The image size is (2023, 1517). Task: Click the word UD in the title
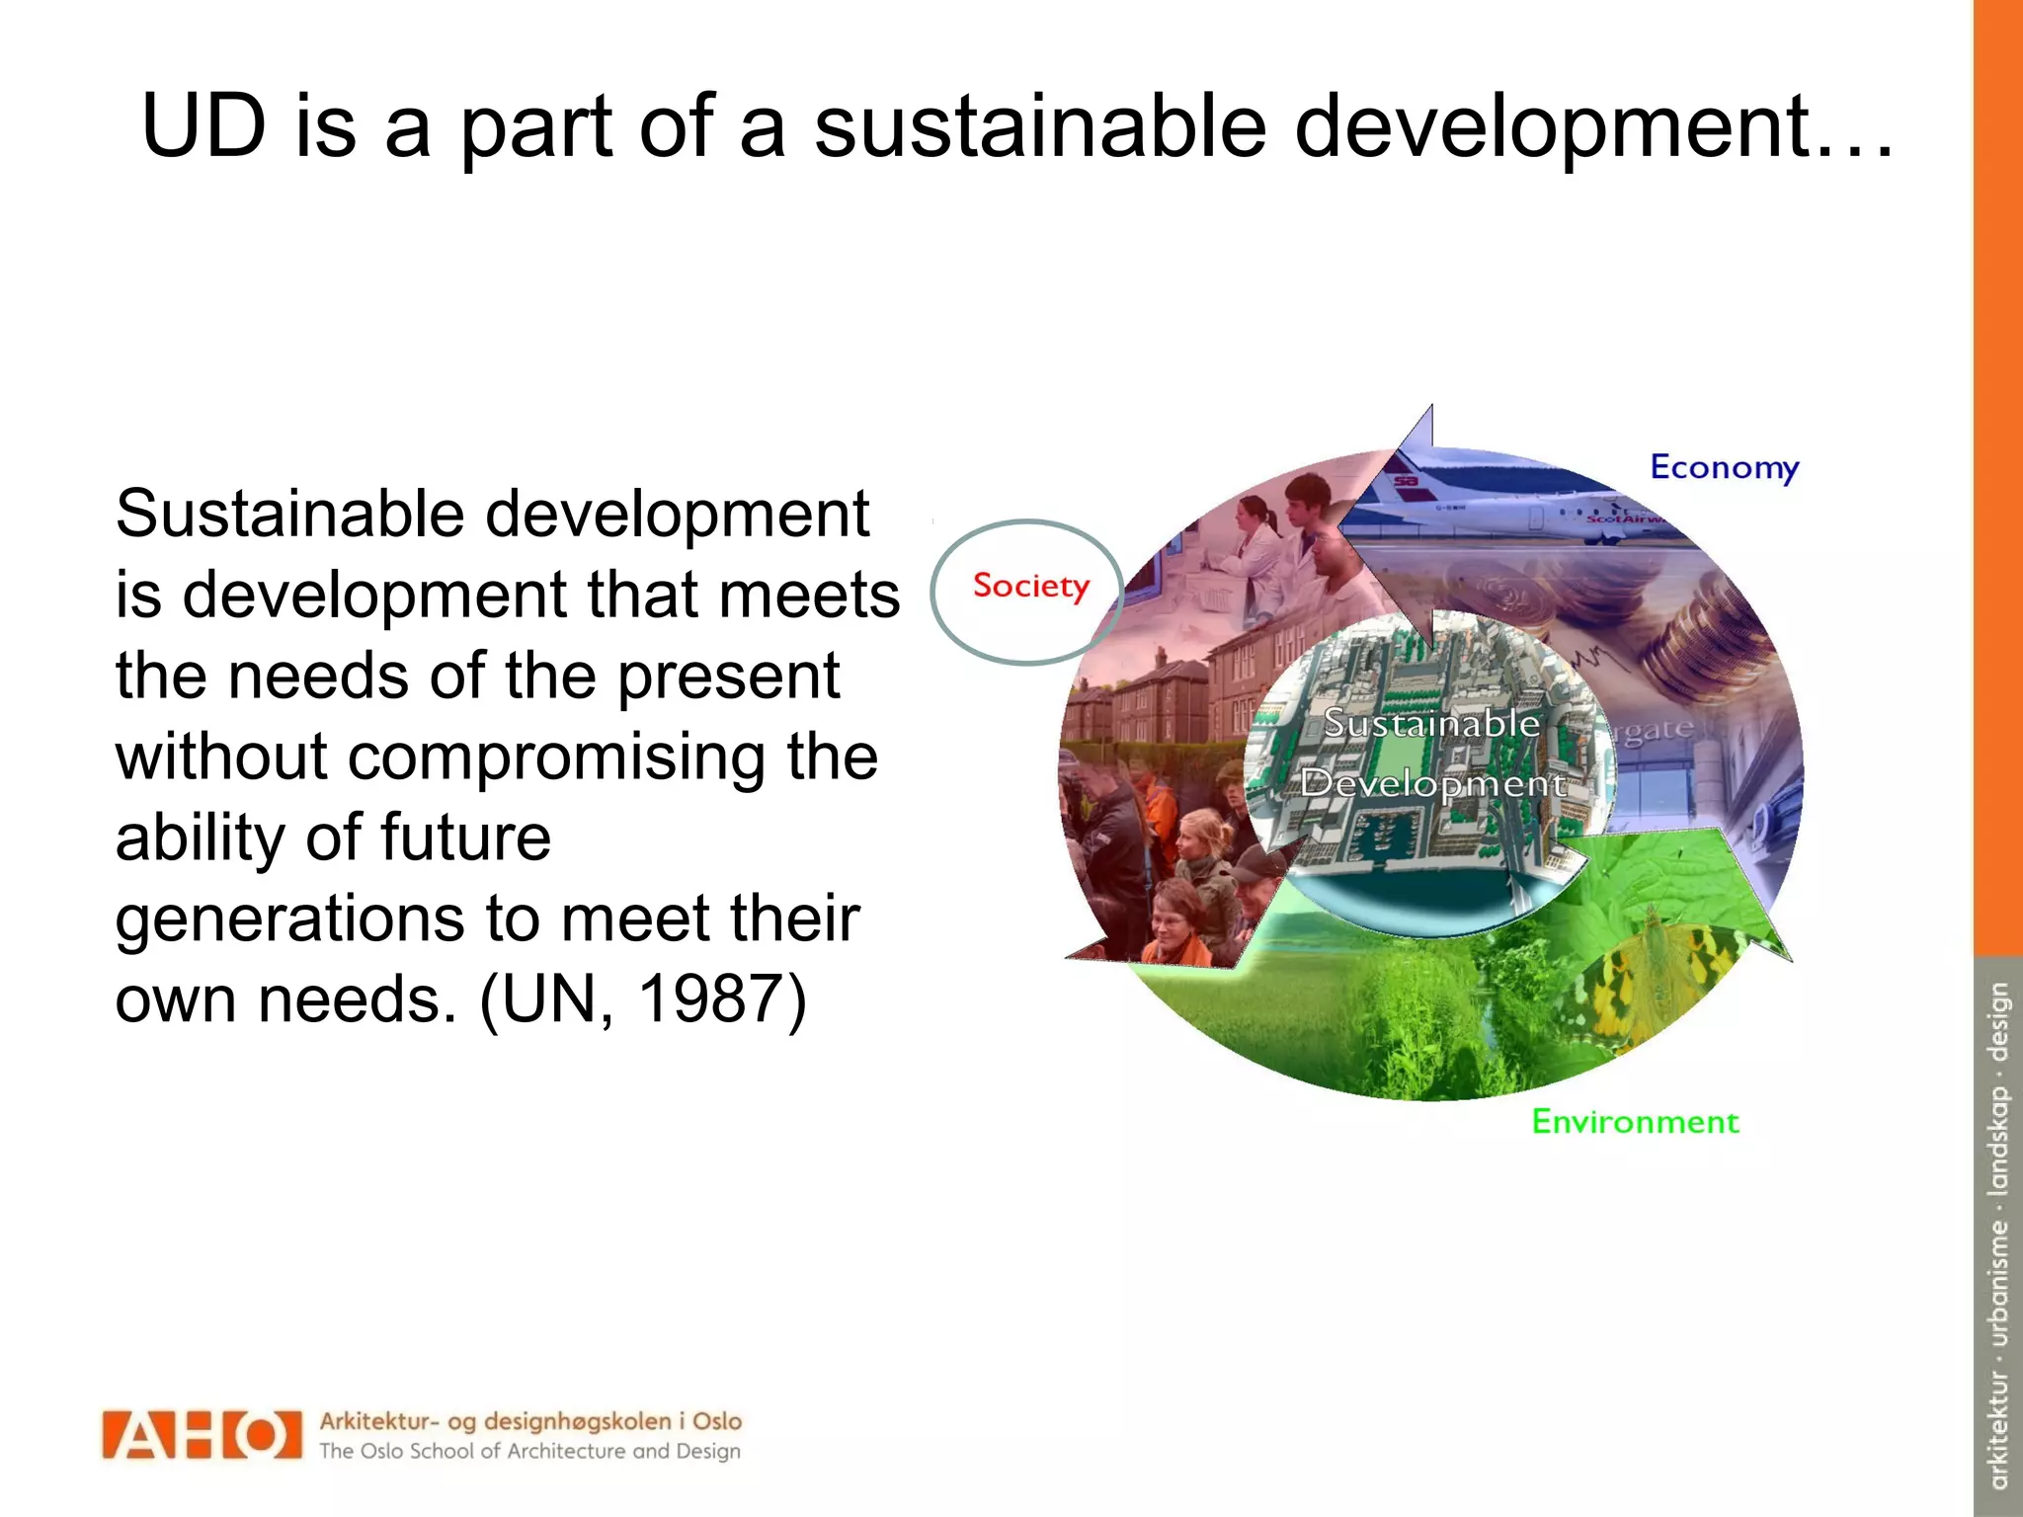pos(203,126)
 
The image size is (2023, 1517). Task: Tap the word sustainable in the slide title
pos(1039,126)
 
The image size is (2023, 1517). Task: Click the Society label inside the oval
pos(1030,586)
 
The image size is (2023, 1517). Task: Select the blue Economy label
pos(1724,467)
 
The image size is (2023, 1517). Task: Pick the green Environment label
pos(1635,1122)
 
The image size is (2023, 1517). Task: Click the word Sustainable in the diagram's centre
pos(1431,723)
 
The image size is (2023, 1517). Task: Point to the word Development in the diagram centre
pos(1431,783)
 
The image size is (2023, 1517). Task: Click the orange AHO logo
pos(202,1435)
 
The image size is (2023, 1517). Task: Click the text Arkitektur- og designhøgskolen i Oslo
pos(530,1421)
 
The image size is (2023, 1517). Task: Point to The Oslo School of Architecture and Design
pos(529,1451)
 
